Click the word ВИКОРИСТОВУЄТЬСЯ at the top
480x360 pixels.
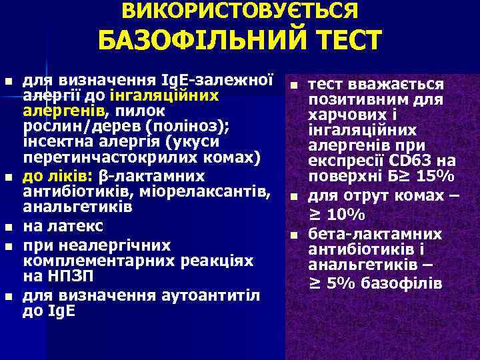[x=240, y=11]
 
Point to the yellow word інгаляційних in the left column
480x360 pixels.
[x=178, y=95]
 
